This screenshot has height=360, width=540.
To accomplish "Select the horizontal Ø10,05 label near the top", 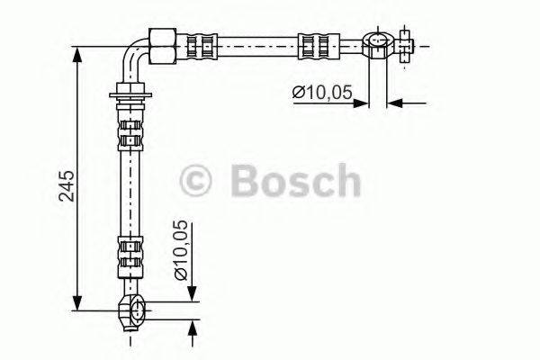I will click(319, 91).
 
